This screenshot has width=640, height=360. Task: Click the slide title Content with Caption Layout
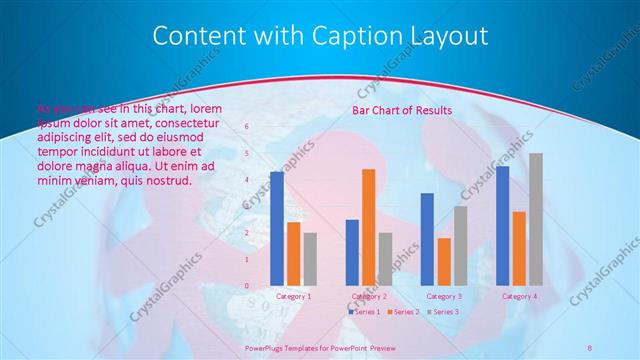click(320, 37)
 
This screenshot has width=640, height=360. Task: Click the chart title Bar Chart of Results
click(401, 110)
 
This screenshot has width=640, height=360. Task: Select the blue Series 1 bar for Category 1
click(277, 229)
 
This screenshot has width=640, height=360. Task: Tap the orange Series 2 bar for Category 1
click(293, 254)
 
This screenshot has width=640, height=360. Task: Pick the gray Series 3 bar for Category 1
click(310, 259)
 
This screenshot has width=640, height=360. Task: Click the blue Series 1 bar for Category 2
click(352, 252)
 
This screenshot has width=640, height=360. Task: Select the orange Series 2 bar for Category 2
click(368, 227)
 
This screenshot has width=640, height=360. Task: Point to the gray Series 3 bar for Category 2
click(385, 259)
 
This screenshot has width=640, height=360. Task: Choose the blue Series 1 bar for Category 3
click(427, 239)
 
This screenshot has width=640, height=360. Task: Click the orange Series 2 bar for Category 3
click(443, 262)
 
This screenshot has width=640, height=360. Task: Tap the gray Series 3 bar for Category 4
click(536, 219)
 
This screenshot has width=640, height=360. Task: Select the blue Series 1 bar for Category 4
click(502, 226)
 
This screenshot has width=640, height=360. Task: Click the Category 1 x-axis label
click(293, 296)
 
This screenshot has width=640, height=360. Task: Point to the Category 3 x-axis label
click(444, 296)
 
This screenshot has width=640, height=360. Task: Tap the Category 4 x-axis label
click(519, 296)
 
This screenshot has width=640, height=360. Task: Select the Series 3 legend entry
click(444, 312)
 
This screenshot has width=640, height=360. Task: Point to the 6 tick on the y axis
click(247, 127)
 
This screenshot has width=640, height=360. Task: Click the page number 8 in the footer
click(590, 347)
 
